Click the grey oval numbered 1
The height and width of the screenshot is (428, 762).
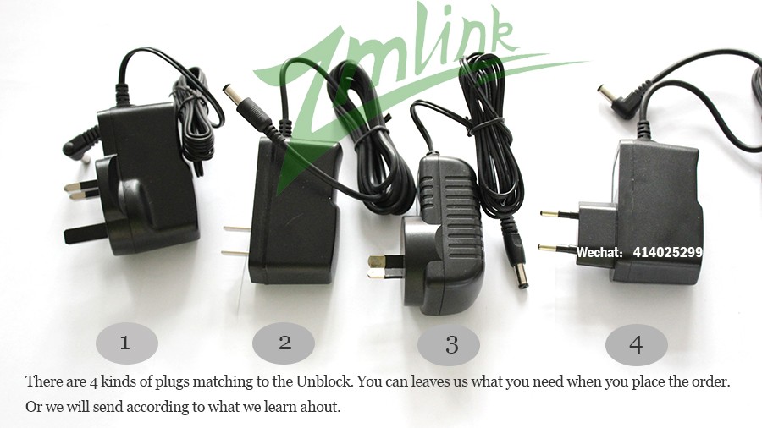click(x=127, y=343)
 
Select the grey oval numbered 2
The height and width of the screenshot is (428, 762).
click(x=284, y=343)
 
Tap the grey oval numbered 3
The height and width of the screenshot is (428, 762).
click(x=449, y=344)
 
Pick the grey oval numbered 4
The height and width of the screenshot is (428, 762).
click(x=636, y=344)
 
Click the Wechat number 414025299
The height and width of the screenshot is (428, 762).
click(x=667, y=252)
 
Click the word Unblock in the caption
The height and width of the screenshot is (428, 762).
click(x=324, y=381)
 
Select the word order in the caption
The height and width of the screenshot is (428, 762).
click(x=711, y=381)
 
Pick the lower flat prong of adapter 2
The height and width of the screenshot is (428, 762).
click(x=235, y=253)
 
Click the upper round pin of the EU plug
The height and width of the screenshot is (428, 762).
click(x=560, y=213)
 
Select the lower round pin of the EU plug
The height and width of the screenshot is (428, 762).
click(x=558, y=248)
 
